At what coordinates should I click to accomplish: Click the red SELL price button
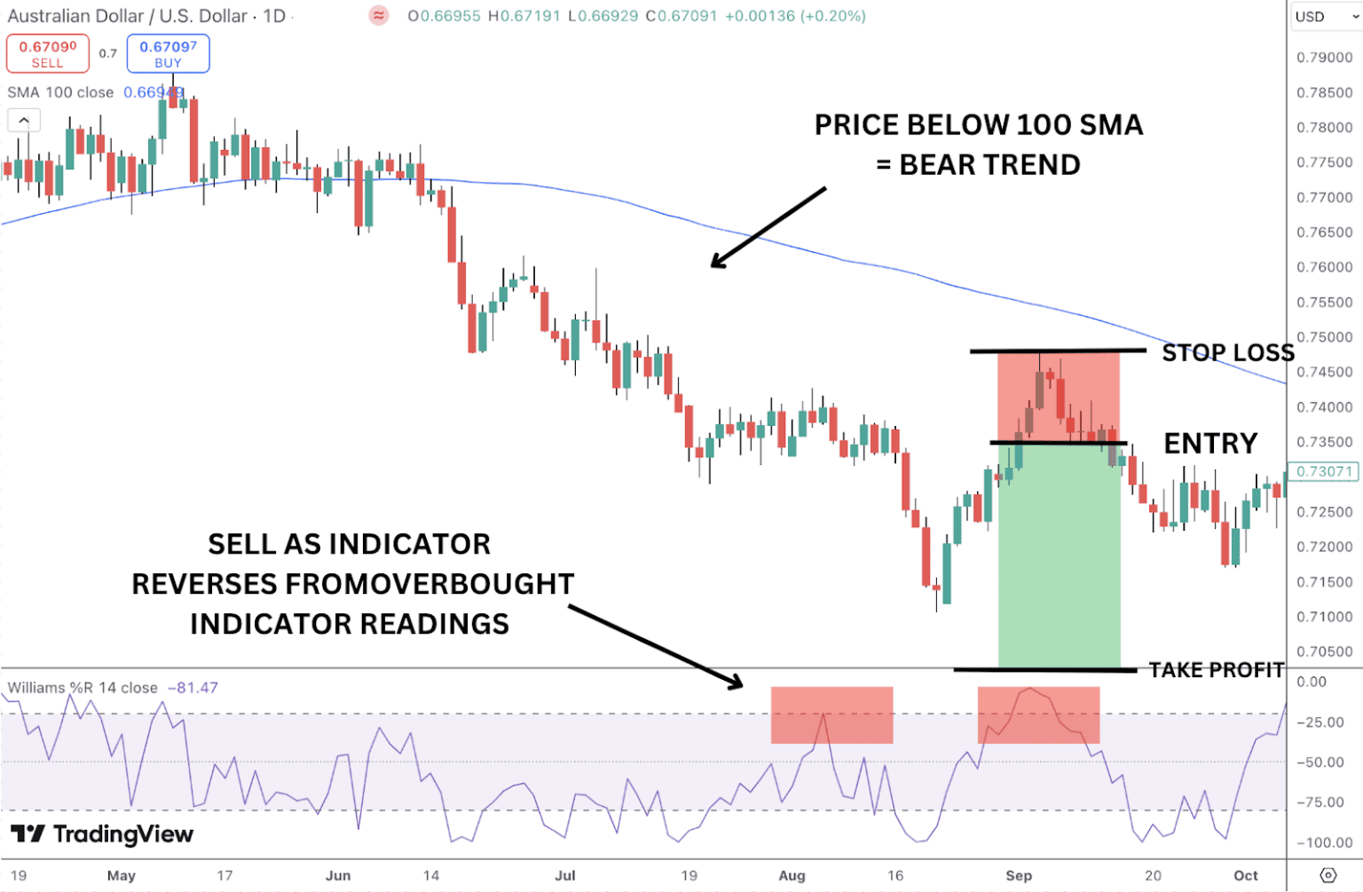click(x=48, y=53)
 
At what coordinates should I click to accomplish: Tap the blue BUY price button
click(x=168, y=53)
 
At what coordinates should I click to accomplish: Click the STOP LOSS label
click(x=1228, y=353)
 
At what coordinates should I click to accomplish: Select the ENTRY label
click(x=1210, y=443)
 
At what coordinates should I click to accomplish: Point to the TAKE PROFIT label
click(x=1217, y=670)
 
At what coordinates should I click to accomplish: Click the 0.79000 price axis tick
click(x=1324, y=58)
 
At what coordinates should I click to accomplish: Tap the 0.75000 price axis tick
click(x=1324, y=337)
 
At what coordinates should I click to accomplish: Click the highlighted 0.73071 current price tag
click(x=1324, y=471)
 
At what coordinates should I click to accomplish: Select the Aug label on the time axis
click(x=792, y=875)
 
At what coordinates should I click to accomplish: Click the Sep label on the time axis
click(x=1019, y=875)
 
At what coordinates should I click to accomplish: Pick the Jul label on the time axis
click(x=565, y=875)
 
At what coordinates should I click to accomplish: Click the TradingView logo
click(x=102, y=834)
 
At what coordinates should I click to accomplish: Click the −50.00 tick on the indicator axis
click(x=1323, y=762)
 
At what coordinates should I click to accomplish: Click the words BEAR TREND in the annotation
click(x=989, y=165)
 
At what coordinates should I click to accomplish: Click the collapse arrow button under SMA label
click(x=24, y=120)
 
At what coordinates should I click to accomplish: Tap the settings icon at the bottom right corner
click(x=1328, y=875)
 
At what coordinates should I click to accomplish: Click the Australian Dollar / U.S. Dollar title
click(x=127, y=16)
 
